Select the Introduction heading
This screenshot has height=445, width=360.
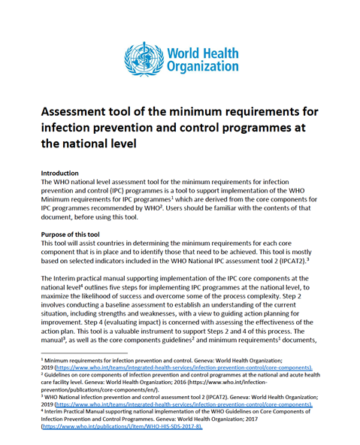coord(62,173)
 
